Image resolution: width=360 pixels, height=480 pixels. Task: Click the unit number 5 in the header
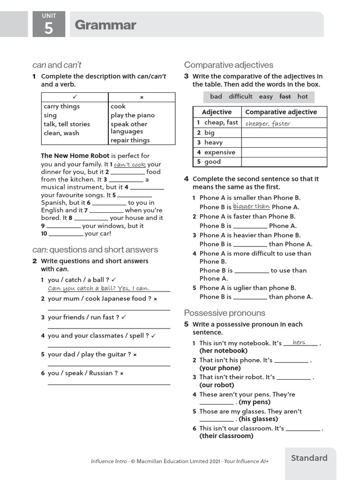[x=49, y=28]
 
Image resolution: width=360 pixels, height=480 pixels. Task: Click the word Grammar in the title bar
[x=105, y=25]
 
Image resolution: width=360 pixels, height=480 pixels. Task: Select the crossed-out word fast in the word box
[x=285, y=97]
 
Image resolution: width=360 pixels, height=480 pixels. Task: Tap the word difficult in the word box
[x=240, y=97]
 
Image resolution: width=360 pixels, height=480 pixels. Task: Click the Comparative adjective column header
[x=281, y=112]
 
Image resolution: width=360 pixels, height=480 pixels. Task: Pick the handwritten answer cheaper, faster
[x=268, y=124]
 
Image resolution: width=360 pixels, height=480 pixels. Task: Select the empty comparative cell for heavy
[x=284, y=142]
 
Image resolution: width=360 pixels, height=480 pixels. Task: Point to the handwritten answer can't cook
[x=130, y=165]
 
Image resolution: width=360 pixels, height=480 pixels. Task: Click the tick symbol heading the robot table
[x=75, y=97]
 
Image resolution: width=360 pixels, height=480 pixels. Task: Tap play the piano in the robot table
[x=133, y=115]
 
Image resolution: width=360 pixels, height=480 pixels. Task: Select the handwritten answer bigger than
[x=251, y=207]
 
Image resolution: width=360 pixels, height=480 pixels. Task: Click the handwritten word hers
[x=299, y=343]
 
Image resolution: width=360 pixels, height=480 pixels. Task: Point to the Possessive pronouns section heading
[x=225, y=313]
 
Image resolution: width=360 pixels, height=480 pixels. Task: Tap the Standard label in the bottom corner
[x=309, y=458]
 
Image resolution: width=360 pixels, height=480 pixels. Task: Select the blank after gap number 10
[x=66, y=233]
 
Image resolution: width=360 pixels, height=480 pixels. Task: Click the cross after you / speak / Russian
[x=122, y=374]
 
